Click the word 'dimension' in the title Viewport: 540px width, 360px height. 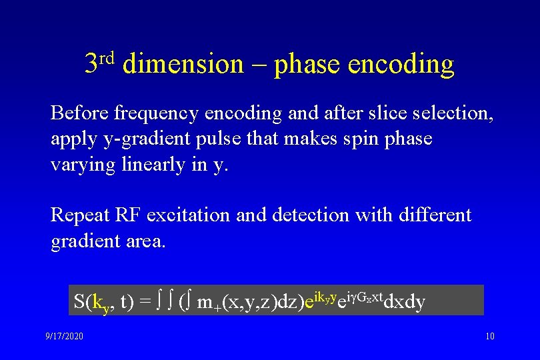[x=183, y=65]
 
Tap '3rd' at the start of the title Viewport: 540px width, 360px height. [x=100, y=62]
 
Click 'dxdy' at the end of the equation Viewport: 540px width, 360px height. [x=405, y=302]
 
